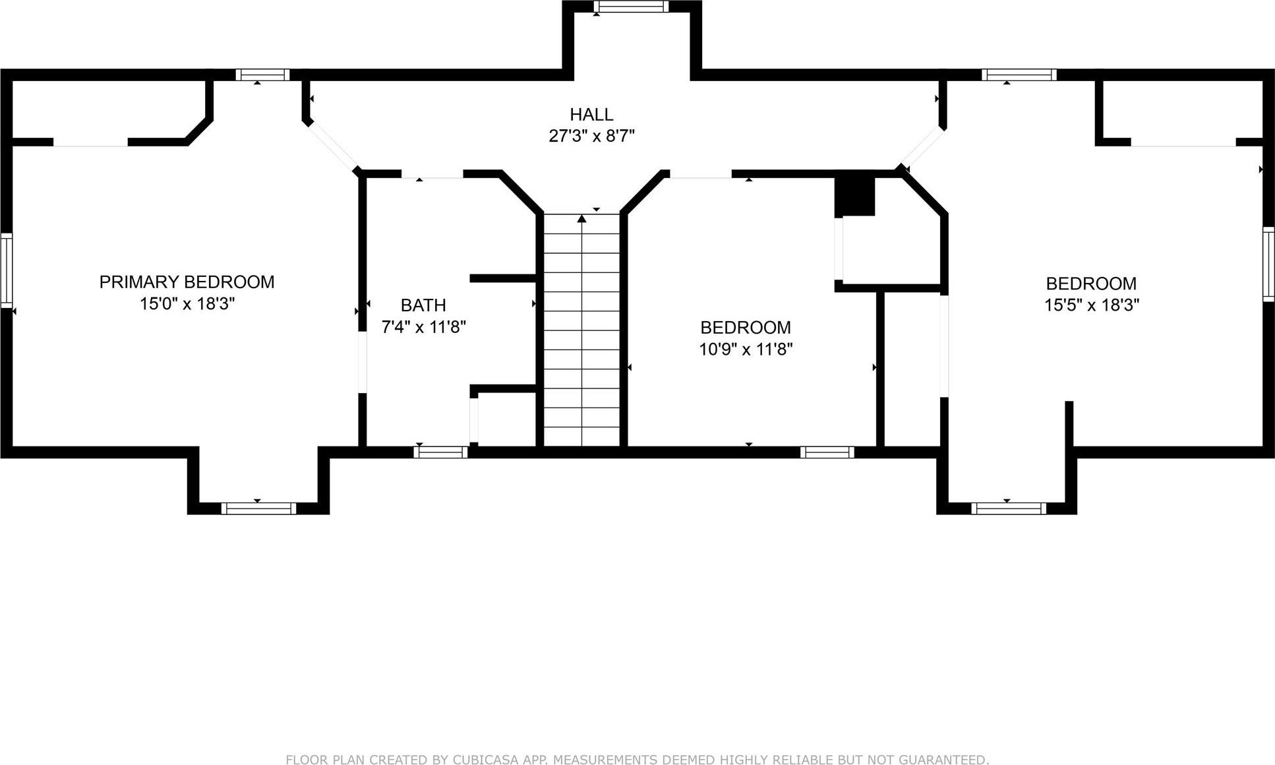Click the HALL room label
591,115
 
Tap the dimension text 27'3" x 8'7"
591,137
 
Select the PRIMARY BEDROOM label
187,282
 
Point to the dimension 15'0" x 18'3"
187,304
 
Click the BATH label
423,305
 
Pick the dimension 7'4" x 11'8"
423,327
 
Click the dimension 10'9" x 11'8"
745,350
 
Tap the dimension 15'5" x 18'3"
1091,305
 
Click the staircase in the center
581,330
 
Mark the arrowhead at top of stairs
581,218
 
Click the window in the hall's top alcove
631,7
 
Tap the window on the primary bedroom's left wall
6,270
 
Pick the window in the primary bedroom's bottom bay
258,508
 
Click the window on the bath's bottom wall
440,452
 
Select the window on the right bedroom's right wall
1268,264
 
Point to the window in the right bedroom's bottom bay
1008,508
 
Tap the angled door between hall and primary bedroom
333,145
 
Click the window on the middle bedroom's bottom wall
827,452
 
